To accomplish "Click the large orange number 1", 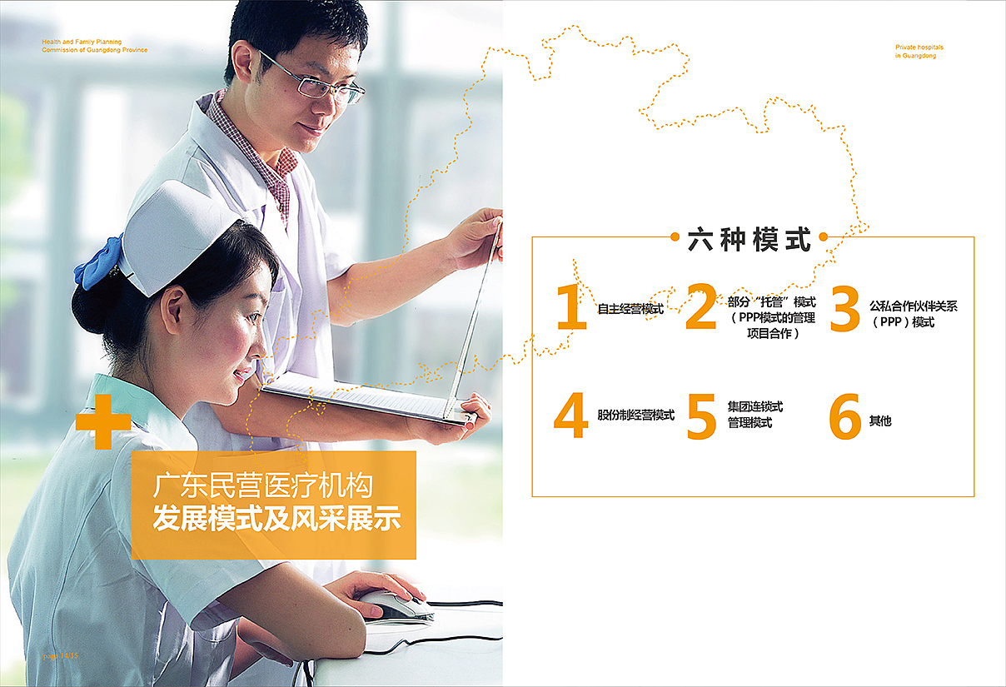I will tap(571, 308).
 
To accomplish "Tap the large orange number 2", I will tap(701, 308).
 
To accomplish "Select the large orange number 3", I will tap(844, 308).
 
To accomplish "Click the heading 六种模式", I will tap(750, 239).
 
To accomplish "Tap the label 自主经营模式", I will tap(630, 309).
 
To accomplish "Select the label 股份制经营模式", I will tap(636, 415).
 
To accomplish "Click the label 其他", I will tap(880, 421).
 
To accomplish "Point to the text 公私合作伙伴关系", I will tap(914, 306).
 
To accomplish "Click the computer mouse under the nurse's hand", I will tap(396, 605).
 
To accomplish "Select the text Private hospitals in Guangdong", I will tap(919, 52).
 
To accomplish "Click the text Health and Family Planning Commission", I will tap(94, 45).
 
